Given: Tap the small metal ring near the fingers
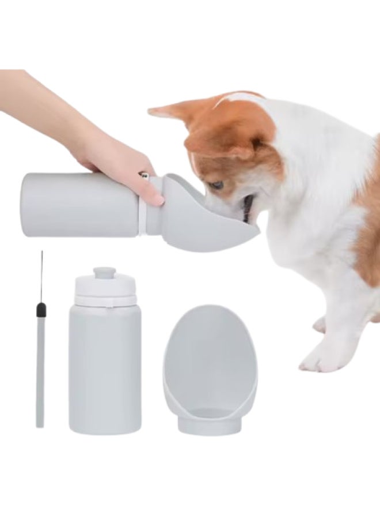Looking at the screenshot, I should (143, 174).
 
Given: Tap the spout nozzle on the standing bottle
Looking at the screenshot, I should (104, 272).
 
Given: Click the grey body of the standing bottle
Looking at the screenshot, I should (104, 369).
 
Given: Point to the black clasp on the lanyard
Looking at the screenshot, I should (40, 311).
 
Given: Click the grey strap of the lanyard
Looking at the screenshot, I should (40, 375).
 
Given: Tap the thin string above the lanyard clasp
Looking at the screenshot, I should (41, 277).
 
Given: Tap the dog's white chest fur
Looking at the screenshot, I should (305, 242).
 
